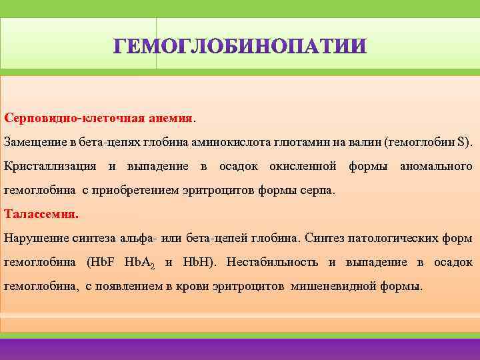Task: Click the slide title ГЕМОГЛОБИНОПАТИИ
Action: (239, 46)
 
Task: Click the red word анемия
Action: (169, 118)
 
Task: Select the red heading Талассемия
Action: (41, 215)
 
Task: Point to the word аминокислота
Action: (221, 142)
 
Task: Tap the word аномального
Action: (436, 165)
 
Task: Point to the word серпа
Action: (317, 190)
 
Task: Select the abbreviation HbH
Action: (195, 262)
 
